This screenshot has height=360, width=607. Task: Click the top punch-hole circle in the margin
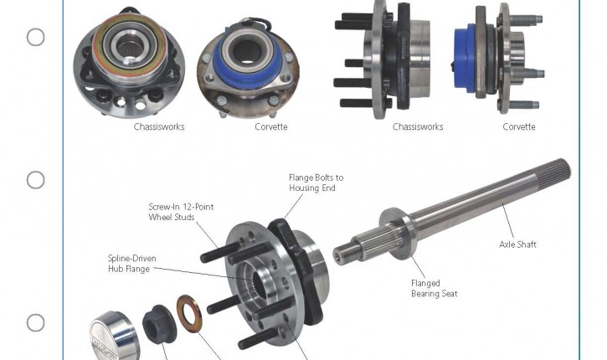coord(36,37)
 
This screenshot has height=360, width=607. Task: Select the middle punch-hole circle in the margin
coord(36,180)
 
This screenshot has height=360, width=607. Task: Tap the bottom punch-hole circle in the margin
coord(36,322)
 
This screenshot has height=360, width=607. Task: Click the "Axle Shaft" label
coord(517,244)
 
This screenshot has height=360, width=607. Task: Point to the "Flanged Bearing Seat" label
coord(434,288)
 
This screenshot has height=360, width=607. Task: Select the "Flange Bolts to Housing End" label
coord(316,183)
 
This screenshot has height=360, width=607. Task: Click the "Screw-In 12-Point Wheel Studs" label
coord(181,212)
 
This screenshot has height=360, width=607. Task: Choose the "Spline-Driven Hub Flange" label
coord(132,264)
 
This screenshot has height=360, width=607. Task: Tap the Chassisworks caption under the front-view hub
coord(159,126)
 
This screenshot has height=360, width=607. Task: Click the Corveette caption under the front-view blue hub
coord(271,126)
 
